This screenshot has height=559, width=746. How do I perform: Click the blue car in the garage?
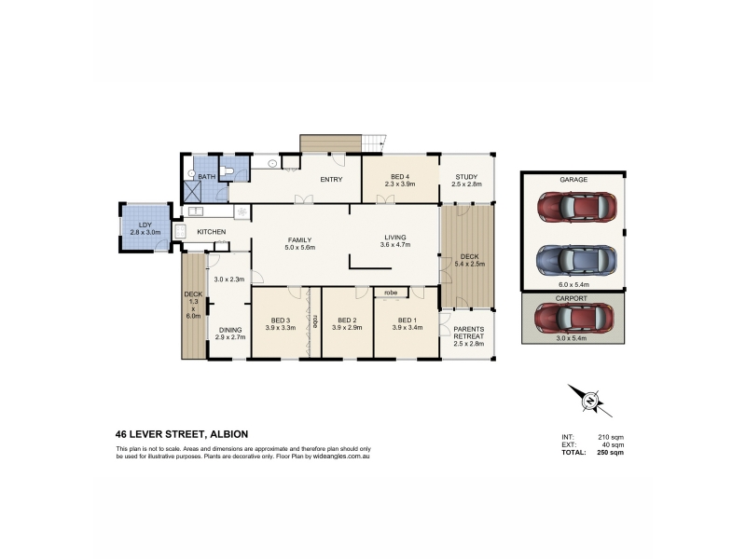click(x=576, y=260)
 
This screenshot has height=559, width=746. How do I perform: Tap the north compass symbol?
click(x=590, y=401)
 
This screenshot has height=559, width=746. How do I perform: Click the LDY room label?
click(x=145, y=225)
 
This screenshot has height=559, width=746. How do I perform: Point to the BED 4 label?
click(x=400, y=177)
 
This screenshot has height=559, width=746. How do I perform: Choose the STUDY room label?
click(x=466, y=177)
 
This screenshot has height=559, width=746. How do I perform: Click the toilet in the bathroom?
click(x=227, y=171)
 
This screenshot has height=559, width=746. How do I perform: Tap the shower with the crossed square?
click(x=193, y=191)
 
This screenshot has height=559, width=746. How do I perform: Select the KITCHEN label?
click(x=212, y=232)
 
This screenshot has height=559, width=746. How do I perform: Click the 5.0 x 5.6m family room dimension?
click(x=299, y=247)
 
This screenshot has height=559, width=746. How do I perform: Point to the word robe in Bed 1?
click(x=391, y=293)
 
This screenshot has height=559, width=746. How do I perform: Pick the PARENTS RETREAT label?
click(x=469, y=333)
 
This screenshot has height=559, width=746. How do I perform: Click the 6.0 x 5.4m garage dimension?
click(x=573, y=285)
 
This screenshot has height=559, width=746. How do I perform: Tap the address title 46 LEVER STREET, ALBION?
click(x=182, y=434)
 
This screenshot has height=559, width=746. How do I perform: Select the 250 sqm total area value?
click(x=611, y=453)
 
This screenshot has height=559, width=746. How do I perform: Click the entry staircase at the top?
click(x=374, y=143)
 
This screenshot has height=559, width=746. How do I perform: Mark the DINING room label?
click(x=230, y=330)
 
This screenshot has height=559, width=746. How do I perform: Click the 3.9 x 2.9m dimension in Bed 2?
click(x=347, y=328)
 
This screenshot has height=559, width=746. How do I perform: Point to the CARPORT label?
click(x=572, y=298)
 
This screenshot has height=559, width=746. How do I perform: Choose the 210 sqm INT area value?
click(x=611, y=437)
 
